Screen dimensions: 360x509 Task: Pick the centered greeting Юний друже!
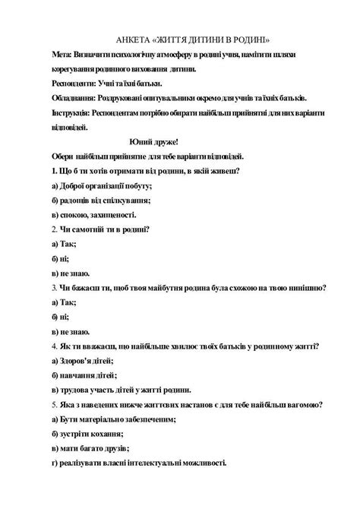154,141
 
